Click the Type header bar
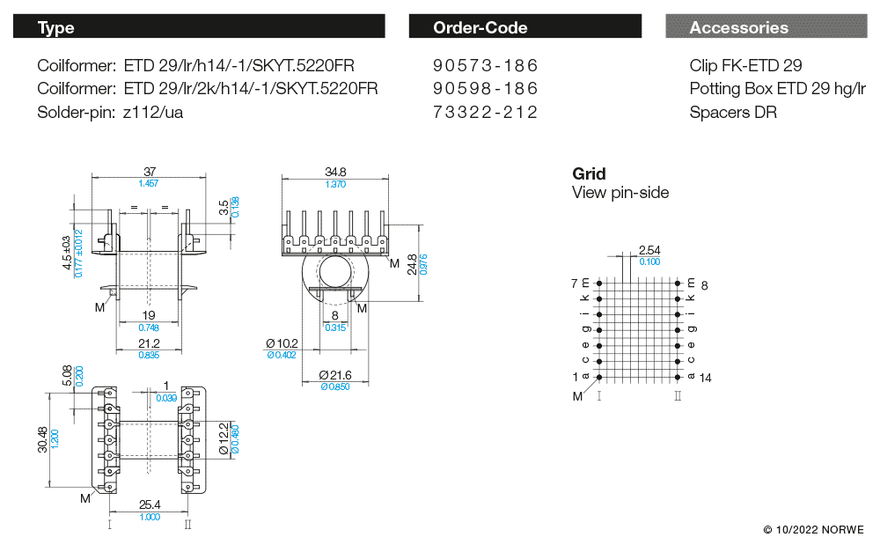(199, 27)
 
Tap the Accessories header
(766, 27)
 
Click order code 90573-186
(485, 66)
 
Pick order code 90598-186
(485, 89)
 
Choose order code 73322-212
(485, 112)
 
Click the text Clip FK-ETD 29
(745, 66)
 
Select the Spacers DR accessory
(733, 112)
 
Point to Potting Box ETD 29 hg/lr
(778, 89)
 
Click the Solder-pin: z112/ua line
(110, 112)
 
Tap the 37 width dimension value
(150, 172)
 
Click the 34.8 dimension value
(334, 172)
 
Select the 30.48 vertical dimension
(44, 436)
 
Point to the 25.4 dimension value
(150, 505)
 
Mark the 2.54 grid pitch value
(649, 251)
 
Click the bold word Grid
(589, 173)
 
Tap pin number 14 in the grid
(705, 377)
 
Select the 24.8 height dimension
(411, 264)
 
